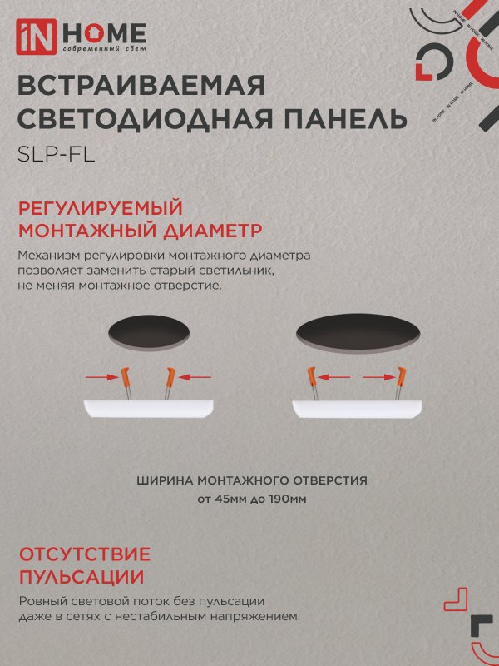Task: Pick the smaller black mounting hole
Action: (150, 331)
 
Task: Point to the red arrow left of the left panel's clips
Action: (102, 377)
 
